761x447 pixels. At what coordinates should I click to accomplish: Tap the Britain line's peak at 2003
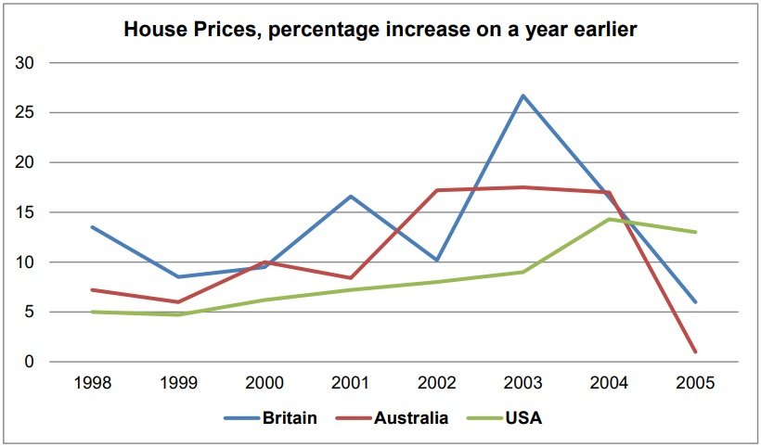click(523, 96)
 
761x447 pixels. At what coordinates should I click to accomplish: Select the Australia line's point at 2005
click(695, 351)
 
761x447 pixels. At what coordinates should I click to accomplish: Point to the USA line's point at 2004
click(610, 220)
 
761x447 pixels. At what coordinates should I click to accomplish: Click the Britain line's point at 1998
click(93, 227)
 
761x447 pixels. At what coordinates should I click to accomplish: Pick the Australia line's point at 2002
click(437, 190)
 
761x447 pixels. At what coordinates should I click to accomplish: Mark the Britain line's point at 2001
click(351, 196)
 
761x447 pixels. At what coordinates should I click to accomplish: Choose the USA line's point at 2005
click(695, 232)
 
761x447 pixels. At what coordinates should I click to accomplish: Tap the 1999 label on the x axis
click(179, 382)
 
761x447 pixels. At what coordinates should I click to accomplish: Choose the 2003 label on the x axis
click(523, 382)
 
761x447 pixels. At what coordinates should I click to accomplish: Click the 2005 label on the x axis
click(695, 382)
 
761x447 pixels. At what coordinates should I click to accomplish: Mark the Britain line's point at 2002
click(437, 260)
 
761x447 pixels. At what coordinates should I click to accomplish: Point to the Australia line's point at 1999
click(179, 301)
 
